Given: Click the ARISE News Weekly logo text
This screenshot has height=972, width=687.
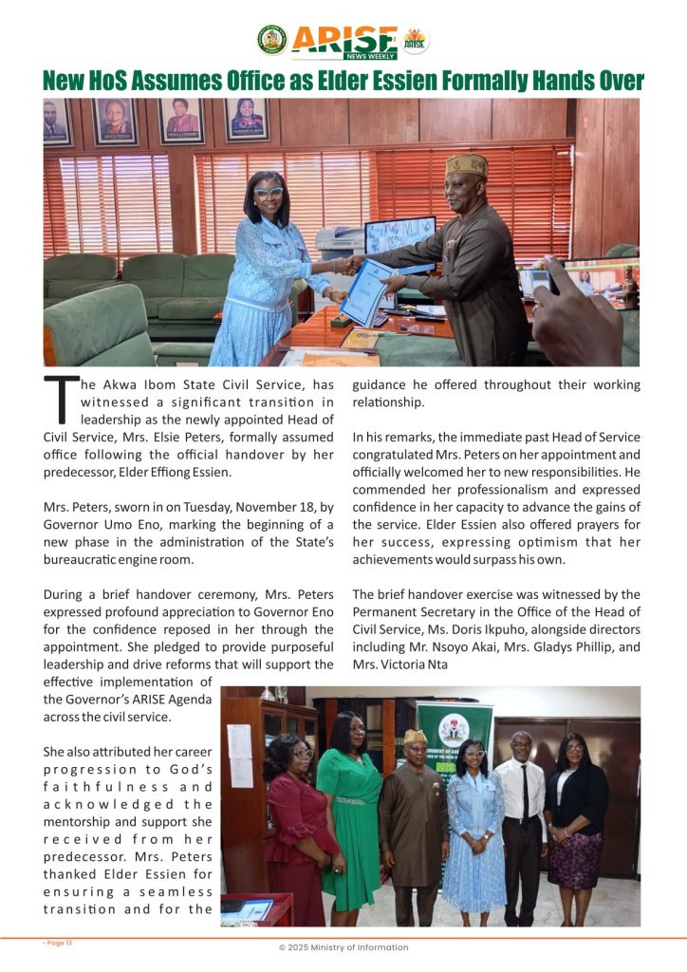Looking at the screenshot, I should [x=343, y=39].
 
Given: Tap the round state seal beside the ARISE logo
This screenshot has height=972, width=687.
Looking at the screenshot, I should [x=271, y=40].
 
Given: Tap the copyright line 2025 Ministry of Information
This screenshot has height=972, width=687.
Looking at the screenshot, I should [x=343, y=947].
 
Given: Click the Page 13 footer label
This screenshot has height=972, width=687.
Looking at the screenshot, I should [x=57, y=942].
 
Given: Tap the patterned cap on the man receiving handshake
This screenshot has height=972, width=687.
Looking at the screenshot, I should [x=467, y=166].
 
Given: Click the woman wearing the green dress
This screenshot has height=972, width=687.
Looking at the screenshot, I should [x=349, y=807].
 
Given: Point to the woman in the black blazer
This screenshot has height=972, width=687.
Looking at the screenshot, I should [x=577, y=807].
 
